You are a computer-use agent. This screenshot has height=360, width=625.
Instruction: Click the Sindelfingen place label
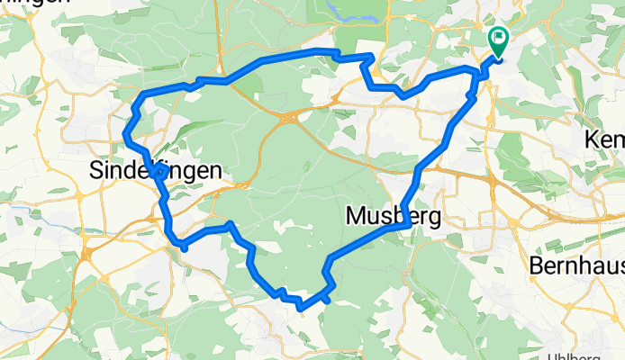click(154, 170)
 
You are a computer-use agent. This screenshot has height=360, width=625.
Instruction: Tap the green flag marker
click(497, 39)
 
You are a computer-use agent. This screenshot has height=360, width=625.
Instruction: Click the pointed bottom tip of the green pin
click(497, 57)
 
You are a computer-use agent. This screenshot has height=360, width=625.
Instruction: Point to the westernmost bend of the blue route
click(124, 136)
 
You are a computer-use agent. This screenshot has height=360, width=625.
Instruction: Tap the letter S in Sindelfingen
click(98, 170)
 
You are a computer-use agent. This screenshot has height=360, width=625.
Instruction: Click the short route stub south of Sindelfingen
click(182, 245)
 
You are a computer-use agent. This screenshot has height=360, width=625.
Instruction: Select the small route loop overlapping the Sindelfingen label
click(159, 169)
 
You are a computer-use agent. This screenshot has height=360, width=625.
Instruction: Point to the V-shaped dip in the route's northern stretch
click(406, 94)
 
